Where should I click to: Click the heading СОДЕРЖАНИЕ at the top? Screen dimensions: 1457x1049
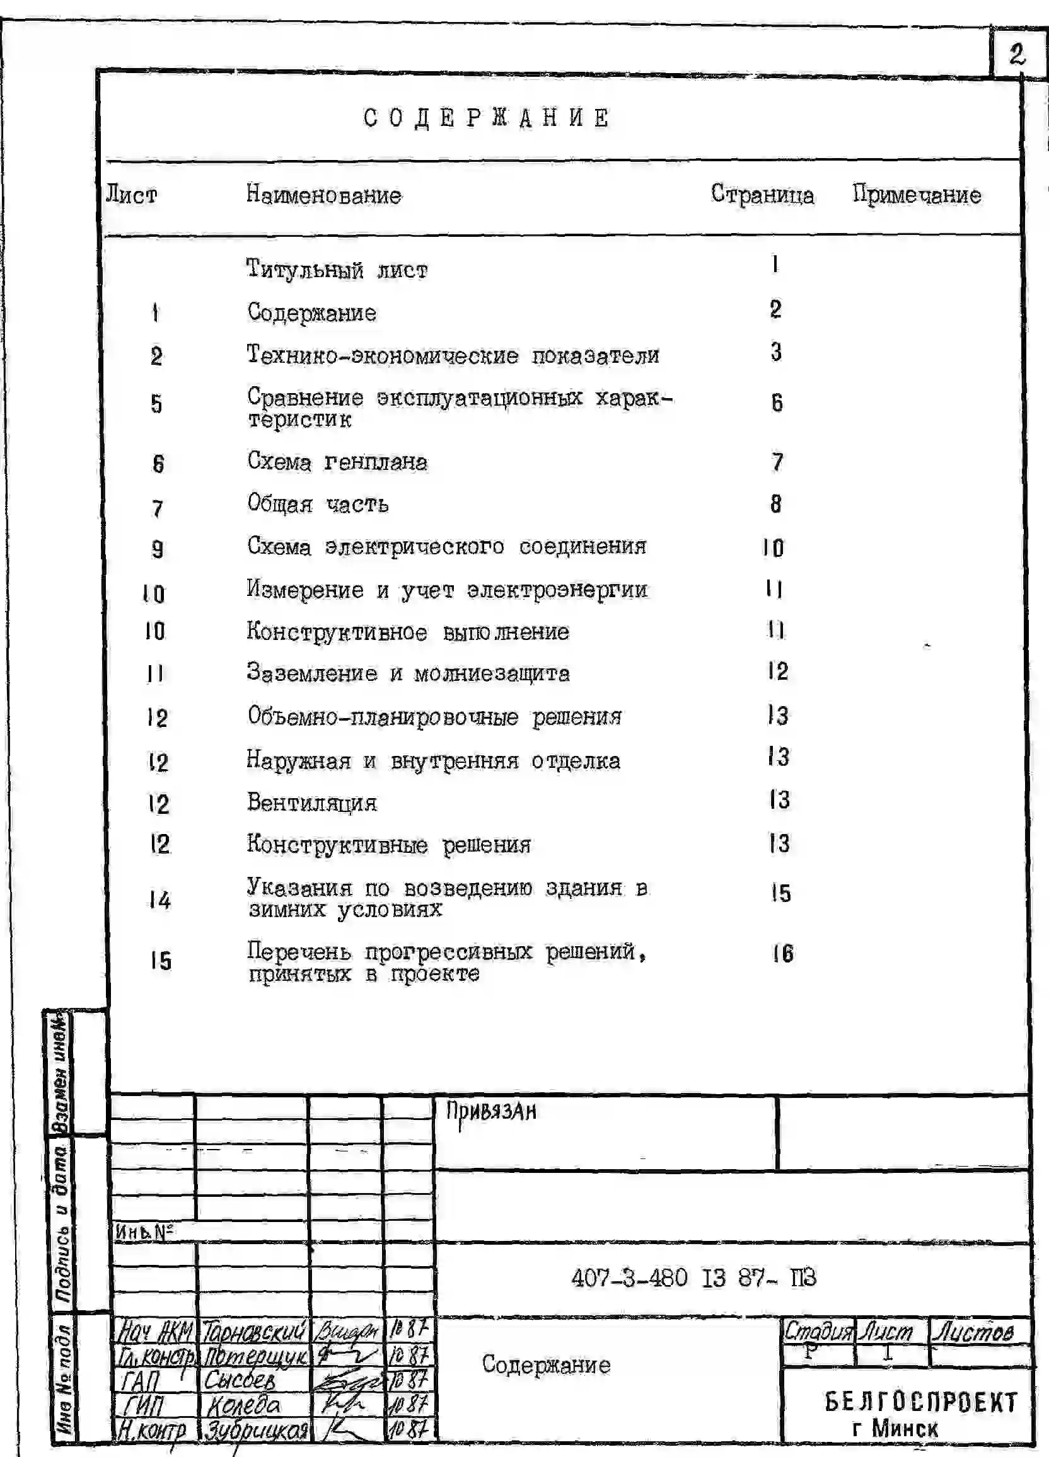pos(487,118)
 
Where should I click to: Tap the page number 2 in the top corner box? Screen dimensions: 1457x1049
pos(1017,54)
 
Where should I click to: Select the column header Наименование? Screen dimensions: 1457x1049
pos(323,195)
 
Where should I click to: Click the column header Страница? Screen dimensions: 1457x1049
pos(762,194)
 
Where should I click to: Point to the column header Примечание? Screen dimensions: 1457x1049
pos(917,195)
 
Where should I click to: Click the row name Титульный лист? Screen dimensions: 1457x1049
pos(337,270)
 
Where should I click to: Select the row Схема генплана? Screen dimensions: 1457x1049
pos(337,462)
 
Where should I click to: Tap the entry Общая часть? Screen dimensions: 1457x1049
pos(318,505)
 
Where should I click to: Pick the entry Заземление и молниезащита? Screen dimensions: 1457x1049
pos(408,674)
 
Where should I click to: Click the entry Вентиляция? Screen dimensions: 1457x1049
pos(312,803)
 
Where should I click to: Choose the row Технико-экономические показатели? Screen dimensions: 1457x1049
pos(453,355)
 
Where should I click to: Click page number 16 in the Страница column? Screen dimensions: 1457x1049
pos(783,954)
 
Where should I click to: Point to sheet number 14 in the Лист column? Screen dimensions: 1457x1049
pos(160,900)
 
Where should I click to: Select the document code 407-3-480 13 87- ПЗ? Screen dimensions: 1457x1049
pos(693,1277)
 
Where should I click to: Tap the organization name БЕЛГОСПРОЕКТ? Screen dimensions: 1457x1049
pos(921,1402)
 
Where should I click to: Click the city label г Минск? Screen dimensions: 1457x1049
pos(895,1429)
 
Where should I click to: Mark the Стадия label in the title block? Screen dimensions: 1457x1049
pos(818,1331)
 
